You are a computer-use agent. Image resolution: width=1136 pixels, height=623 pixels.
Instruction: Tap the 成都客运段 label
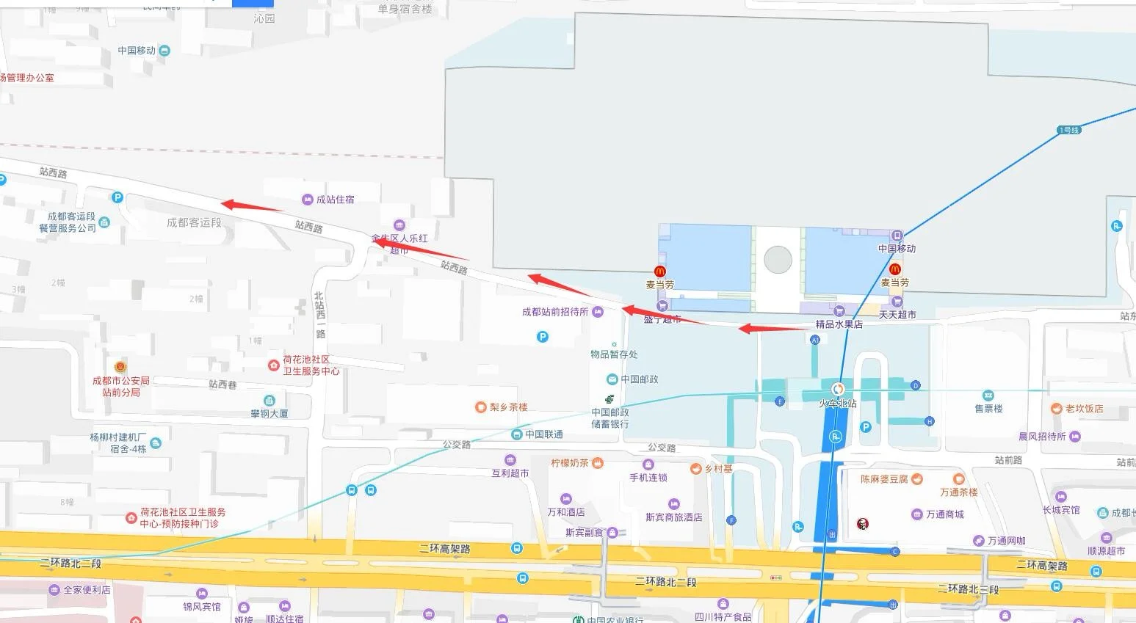(x=194, y=222)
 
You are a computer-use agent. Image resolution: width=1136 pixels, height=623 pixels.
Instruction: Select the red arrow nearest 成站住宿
(x=252, y=206)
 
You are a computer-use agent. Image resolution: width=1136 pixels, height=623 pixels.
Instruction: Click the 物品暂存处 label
(x=614, y=354)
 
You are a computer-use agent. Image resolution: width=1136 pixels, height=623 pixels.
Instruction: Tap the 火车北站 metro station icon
(x=837, y=389)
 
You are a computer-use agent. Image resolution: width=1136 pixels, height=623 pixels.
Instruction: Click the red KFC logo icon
(x=863, y=523)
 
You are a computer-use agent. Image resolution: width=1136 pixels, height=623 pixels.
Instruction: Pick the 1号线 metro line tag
(x=1069, y=130)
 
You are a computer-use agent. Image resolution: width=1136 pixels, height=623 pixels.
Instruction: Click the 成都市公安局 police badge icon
(x=120, y=366)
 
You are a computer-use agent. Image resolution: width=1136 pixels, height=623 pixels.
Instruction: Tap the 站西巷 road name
(x=223, y=385)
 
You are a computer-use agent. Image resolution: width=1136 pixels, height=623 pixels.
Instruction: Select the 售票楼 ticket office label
(x=988, y=408)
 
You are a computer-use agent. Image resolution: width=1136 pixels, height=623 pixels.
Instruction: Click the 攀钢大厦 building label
(x=269, y=413)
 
